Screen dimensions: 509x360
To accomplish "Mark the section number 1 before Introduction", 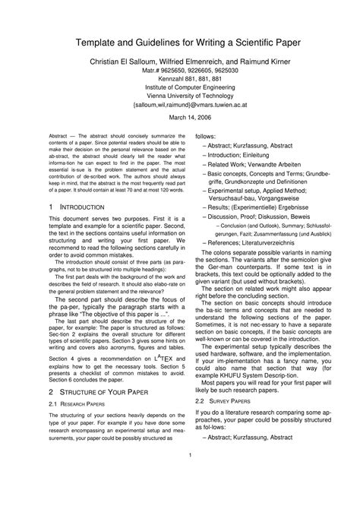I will [50, 207].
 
